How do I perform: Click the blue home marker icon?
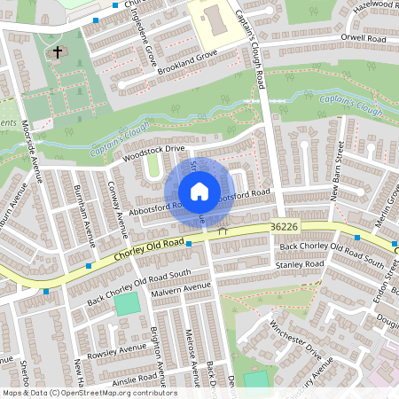click(199, 192)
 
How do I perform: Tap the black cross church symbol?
click(59, 52)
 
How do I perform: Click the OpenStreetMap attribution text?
click(89, 393)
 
